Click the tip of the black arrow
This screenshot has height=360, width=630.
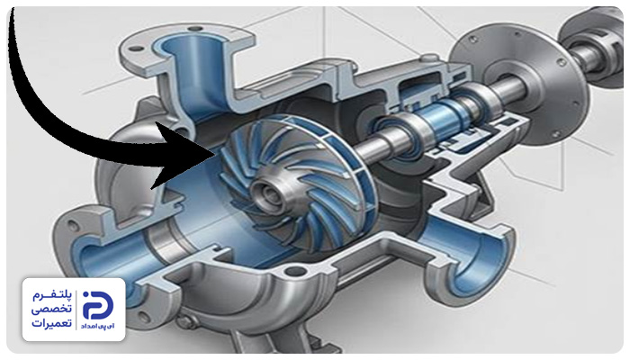point(214,155)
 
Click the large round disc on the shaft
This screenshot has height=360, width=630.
point(518,84)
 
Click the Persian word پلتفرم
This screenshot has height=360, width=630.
point(52,296)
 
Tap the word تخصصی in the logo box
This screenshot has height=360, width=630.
point(52,309)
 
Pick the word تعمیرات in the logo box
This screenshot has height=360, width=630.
point(52,322)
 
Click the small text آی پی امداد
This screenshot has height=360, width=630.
point(97,326)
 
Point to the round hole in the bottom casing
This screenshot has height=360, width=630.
point(295,271)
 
